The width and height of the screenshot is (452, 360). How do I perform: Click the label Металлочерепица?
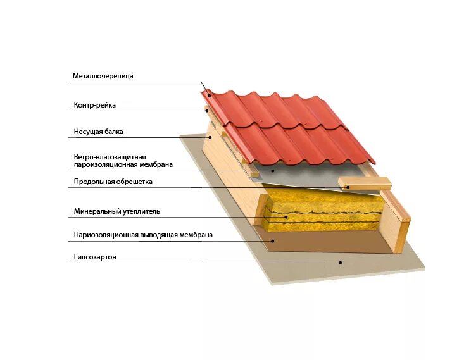103,77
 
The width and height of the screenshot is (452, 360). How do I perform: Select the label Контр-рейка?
95,105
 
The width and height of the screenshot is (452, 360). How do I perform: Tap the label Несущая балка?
98,132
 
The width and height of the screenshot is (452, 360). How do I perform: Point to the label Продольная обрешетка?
113,182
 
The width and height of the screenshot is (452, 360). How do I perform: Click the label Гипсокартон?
96,258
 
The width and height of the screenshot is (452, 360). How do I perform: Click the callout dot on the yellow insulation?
286,217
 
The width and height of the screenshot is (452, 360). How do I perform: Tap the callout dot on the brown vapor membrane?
273,240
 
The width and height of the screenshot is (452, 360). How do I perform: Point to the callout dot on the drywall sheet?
340,262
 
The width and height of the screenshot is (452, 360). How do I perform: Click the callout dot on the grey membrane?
273,170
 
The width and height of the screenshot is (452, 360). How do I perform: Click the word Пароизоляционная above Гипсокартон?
106,235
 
